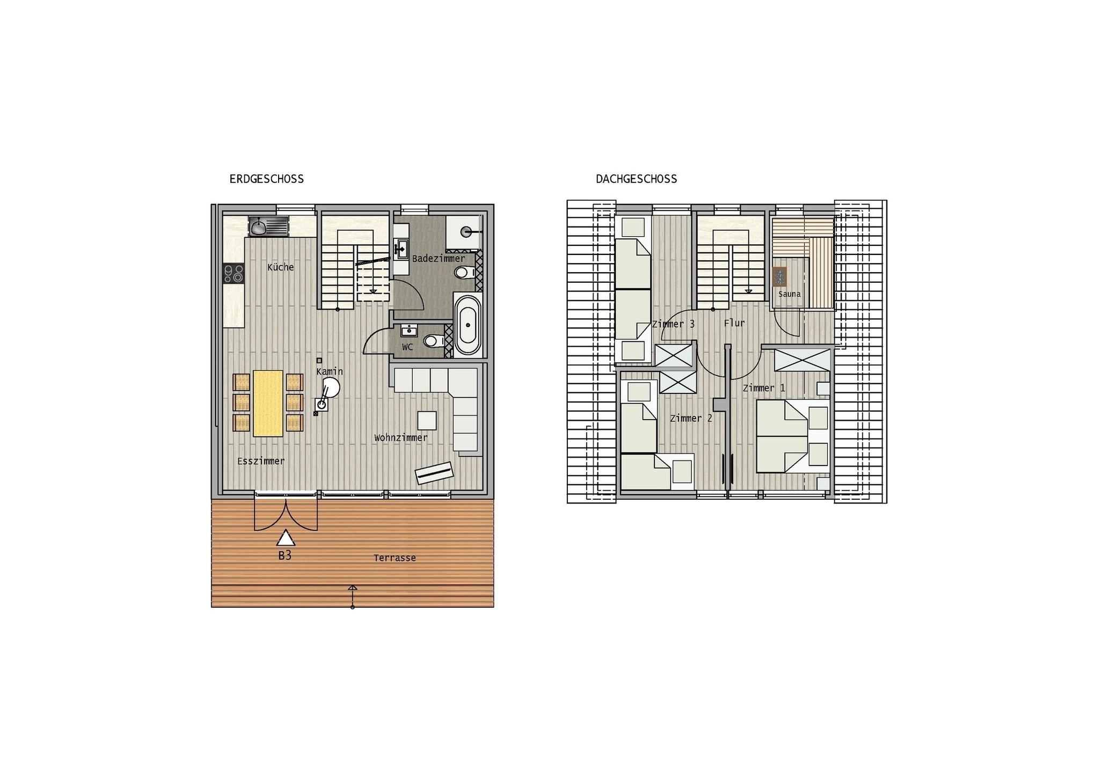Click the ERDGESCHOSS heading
[x=266, y=179]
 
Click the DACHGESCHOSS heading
[x=636, y=179]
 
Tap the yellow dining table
[x=268, y=403]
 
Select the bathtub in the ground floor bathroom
[x=468, y=325]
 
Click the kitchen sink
[x=268, y=225]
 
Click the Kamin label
[x=330, y=371]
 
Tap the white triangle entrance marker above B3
[x=286, y=538]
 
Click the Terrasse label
[x=395, y=558]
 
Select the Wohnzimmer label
[x=401, y=438]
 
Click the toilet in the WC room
[x=433, y=340]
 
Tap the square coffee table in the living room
[x=427, y=420]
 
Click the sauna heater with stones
[x=779, y=277]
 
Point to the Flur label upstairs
[x=734, y=323]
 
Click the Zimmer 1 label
[x=764, y=388]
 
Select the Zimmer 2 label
[x=691, y=418]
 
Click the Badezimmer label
[x=439, y=259]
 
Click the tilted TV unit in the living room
[x=434, y=473]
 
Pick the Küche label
[x=281, y=267]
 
